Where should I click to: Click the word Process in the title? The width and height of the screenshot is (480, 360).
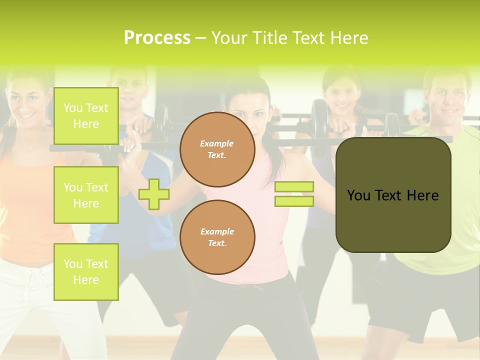157,38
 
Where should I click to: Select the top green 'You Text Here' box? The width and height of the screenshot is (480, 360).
86,116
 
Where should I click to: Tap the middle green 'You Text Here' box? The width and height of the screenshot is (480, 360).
86,195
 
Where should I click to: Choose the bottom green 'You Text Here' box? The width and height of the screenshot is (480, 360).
86,272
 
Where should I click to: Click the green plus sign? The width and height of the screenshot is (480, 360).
154,194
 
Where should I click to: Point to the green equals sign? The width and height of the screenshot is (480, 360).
294,194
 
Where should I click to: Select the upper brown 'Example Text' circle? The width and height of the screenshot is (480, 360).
217,149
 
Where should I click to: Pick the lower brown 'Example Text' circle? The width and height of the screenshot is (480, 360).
217,237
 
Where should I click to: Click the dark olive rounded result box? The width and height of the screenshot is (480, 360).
393,195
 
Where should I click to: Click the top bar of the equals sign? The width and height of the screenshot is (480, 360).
294,187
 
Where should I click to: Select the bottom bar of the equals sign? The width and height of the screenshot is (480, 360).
294,201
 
